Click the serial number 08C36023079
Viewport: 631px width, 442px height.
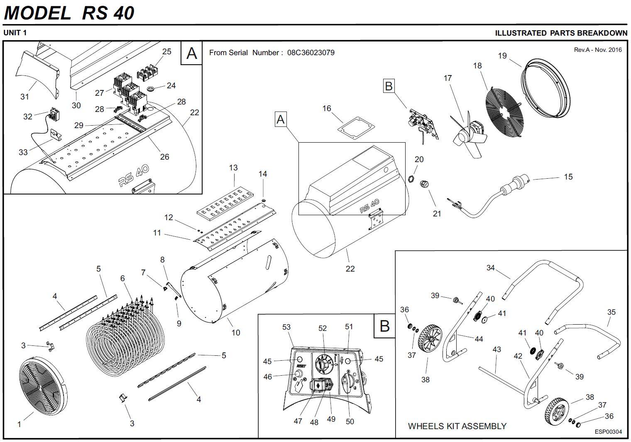pos(311,53)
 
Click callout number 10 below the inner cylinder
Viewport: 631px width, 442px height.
pos(236,333)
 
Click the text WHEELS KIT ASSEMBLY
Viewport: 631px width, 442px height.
pos(457,426)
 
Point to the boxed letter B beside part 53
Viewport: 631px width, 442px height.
pos(384,326)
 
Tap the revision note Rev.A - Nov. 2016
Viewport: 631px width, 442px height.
pos(598,50)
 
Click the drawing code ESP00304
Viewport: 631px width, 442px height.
pos(608,432)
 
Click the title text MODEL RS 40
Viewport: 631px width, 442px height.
pos(69,13)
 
